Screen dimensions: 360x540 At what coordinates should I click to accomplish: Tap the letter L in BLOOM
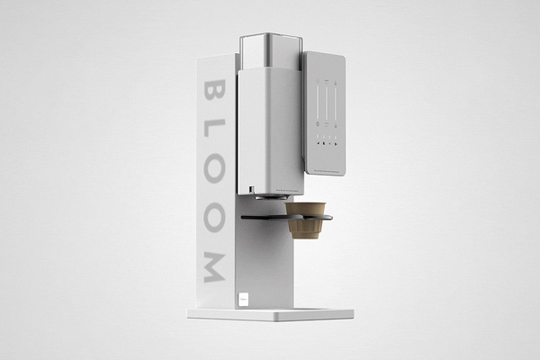[213, 133]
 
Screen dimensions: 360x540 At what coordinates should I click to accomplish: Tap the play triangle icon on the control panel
[335, 143]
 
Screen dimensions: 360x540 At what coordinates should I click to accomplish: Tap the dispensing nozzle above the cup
[262, 194]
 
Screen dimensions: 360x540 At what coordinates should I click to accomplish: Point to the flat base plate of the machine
[270, 314]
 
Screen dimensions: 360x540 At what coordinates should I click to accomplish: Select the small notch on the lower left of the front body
[243, 188]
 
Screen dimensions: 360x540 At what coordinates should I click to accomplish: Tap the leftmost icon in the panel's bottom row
[319, 143]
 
